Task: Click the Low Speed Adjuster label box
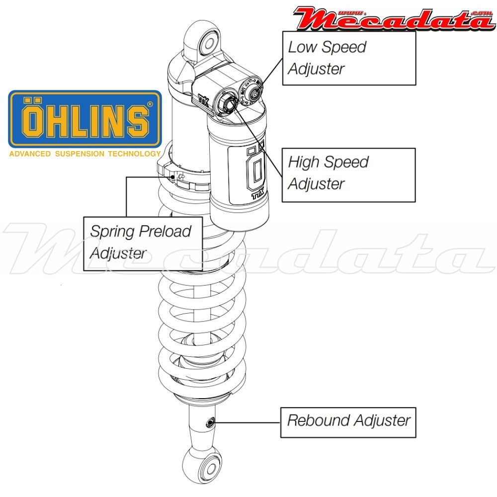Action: click(x=348, y=58)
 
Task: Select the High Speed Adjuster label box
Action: click(x=348, y=174)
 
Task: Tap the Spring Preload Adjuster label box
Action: click(x=143, y=243)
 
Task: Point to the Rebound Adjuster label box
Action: click(x=348, y=421)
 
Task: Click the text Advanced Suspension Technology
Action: click(x=85, y=154)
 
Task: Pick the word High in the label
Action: click(x=304, y=162)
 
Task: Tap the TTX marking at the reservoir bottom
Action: click(x=256, y=196)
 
